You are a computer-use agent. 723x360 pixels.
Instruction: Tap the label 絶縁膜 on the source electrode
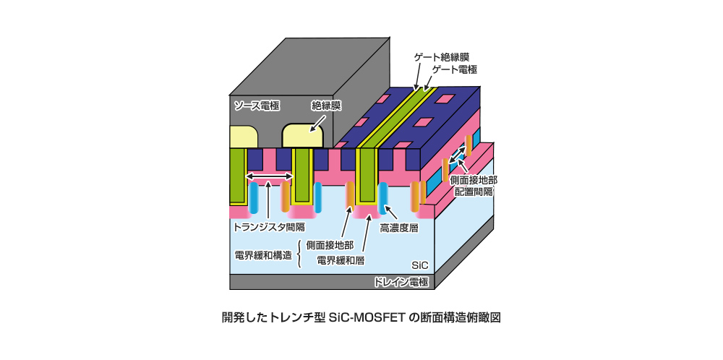coord(326,105)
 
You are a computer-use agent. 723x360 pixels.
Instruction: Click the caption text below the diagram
coord(361,317)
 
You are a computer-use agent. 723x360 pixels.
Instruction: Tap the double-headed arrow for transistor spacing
coord(269,176)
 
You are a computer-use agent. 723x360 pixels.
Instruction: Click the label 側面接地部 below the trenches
coord(330,245)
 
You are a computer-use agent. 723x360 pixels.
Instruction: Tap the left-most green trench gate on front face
coord(238,176)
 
